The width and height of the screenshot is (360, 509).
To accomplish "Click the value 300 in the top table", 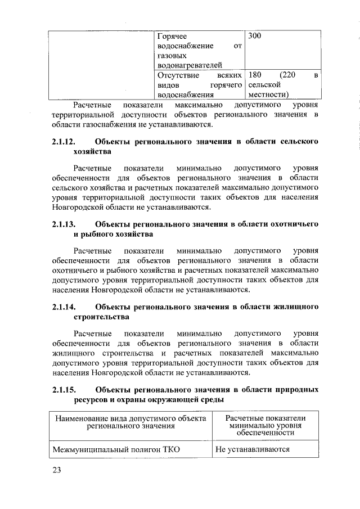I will pyautogui.click(x=256, y=36).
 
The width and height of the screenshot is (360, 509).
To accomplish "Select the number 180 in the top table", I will pyautogui.click(x=256, y=75).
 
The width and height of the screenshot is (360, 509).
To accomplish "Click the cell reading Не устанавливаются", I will pyautogui.click(x=252, y=449).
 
